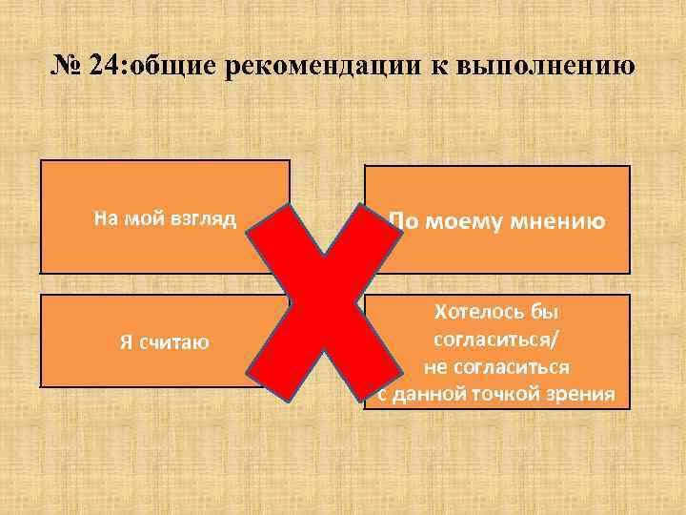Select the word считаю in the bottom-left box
pos(177,341)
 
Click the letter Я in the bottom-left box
pos(127,341)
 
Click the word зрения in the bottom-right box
pos(584,393)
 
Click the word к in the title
pos(443,69)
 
